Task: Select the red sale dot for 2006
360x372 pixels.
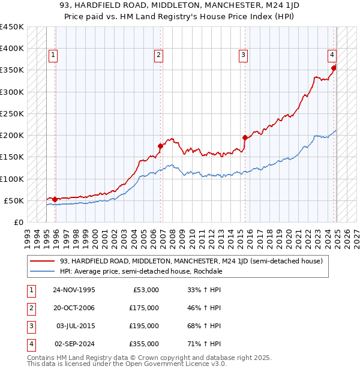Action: (161, 146)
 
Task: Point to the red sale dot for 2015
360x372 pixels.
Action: (245, 137)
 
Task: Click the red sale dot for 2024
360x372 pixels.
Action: (334, 68)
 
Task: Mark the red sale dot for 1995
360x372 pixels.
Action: (55, 199)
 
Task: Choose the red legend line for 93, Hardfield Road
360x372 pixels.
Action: (43, 261)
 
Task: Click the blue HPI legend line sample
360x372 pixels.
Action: (43, 271)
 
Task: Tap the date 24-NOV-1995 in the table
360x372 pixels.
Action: (75, 290)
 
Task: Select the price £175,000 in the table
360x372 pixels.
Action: (145, 308)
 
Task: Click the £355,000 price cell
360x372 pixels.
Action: (145, 344)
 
